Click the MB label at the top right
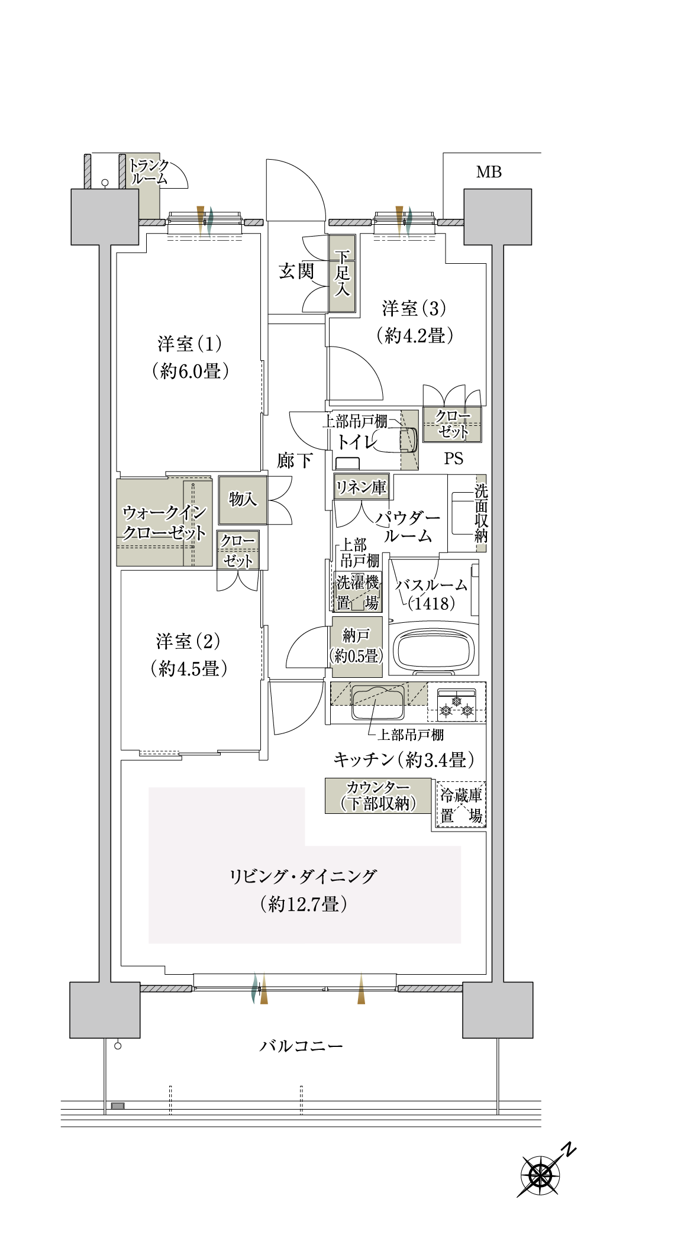coord(489,172)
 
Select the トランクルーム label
coord(149,172)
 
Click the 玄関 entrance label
coord(296,271)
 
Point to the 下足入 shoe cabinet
coord(342,273)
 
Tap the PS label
coord(454,458)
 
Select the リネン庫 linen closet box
coord(361,487)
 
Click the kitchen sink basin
coord(378,702)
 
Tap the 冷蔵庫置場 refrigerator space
coord(461,805)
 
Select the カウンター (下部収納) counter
coord(378,796)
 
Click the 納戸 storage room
coord(356,646)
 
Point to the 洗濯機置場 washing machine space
coord(357,592)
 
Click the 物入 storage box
coord(243,500)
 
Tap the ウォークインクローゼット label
coord(164,522)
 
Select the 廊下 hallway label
coord(295,460)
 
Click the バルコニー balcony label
coord(302,1046)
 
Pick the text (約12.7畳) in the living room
coord(303,904)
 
